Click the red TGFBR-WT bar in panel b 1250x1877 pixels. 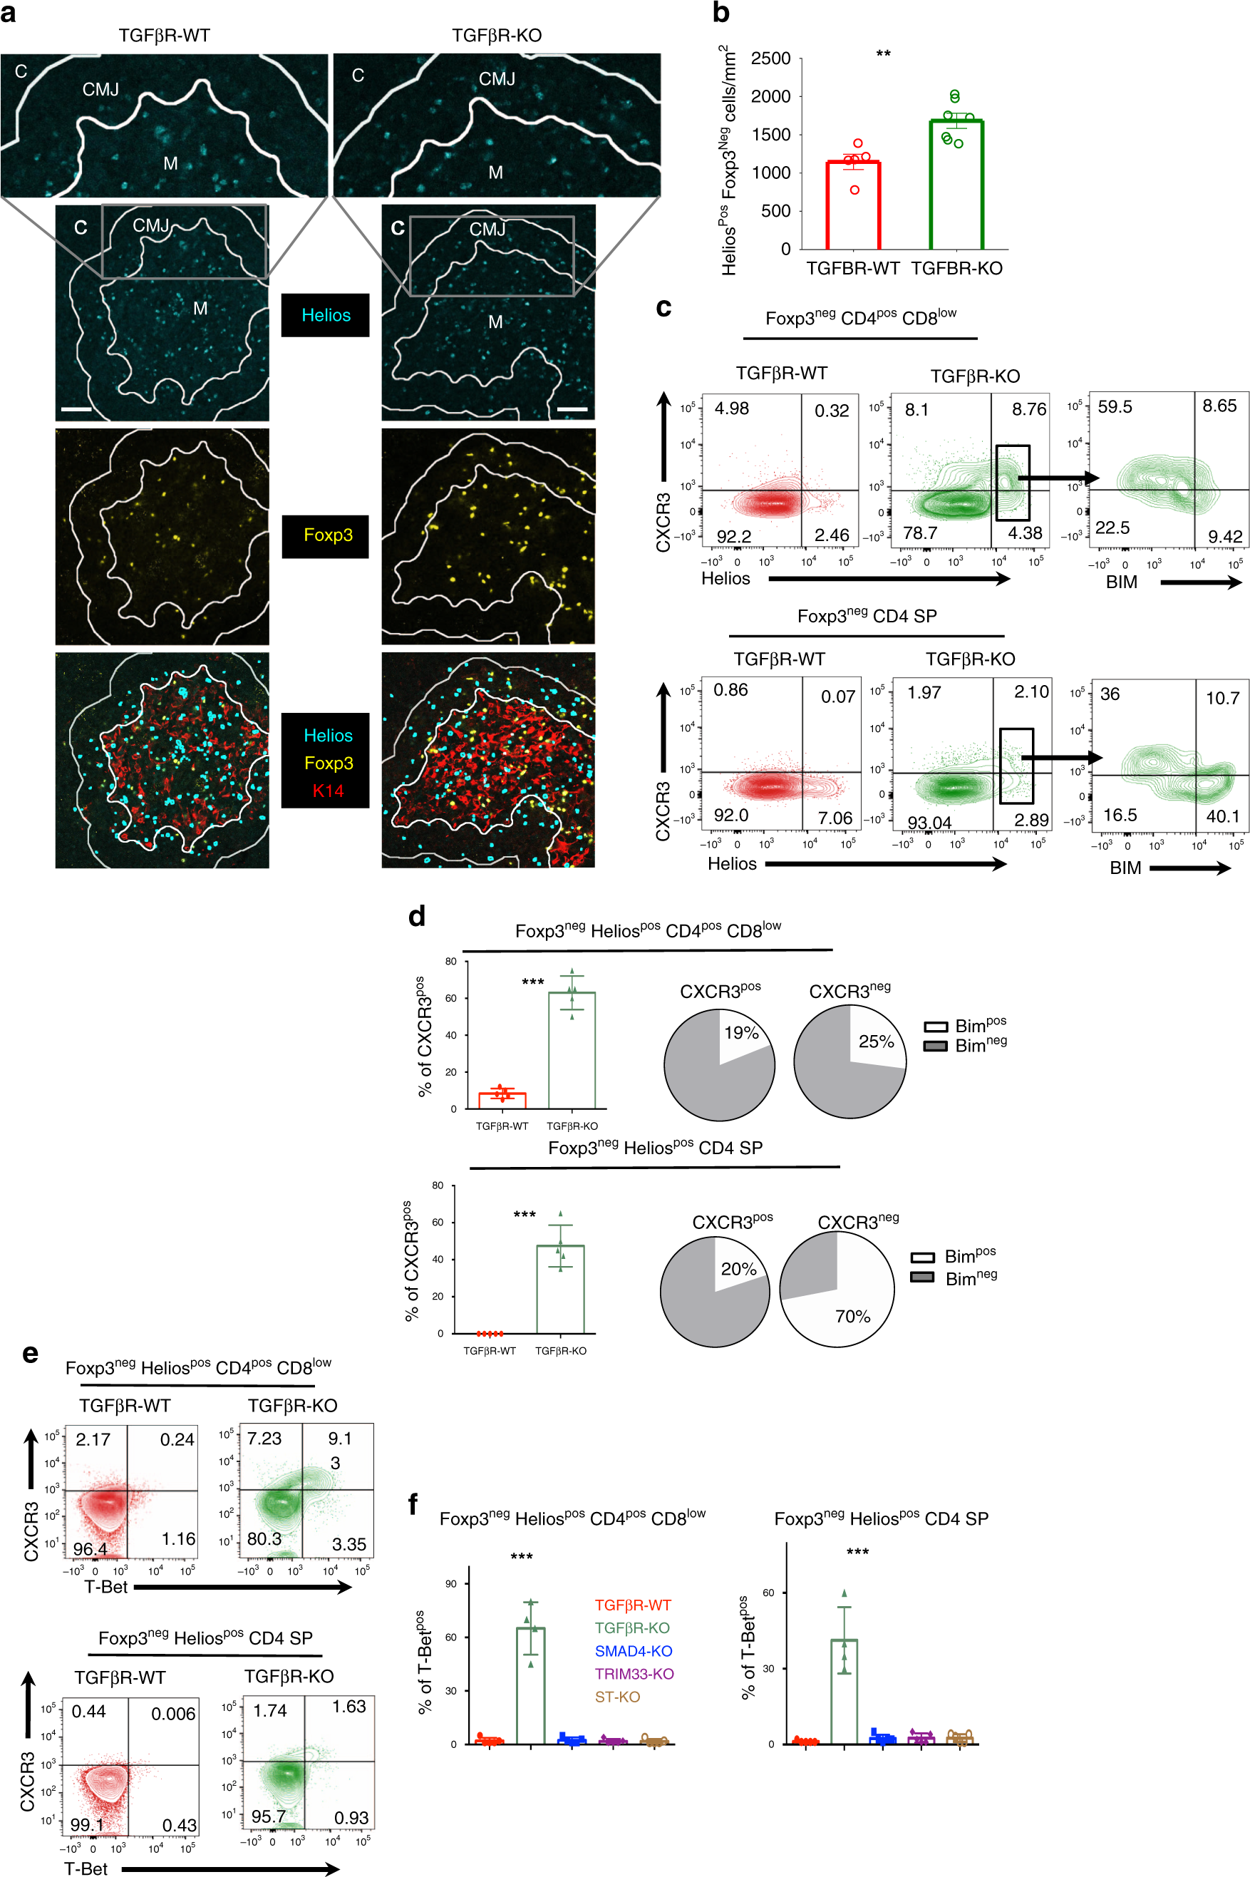[853, 207]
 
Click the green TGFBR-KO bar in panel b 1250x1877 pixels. [956, 187]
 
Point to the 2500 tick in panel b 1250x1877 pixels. [771, 59]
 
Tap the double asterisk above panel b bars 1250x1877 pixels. [883, 54]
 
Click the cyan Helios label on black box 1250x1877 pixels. [325, 315]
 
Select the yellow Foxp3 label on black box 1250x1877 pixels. [328, 535]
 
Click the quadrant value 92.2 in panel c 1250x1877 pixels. [733, 536]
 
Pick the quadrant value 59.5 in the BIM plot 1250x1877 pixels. [1115, 406]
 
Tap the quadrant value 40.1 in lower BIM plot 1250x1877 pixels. [1222, 816]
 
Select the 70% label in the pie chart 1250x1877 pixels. [852, 1316]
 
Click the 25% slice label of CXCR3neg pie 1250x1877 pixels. [875, 1042]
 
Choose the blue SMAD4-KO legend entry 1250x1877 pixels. [633, 1650]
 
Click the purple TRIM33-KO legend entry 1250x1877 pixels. [634, 1674]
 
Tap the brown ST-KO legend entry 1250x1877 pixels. [617, 1697]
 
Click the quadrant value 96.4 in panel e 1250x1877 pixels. [90, 1548]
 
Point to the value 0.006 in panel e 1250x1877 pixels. [173, 1714]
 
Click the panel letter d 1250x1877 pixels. [416, 915]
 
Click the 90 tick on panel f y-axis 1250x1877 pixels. [450, 1583]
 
